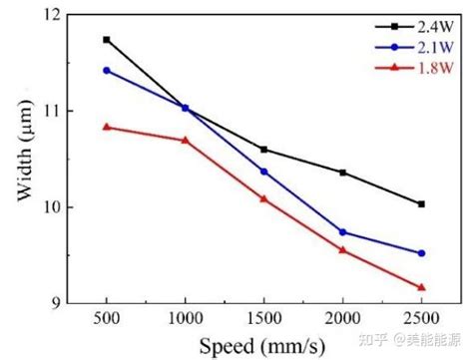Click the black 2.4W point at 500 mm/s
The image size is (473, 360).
pyautogui.click(x=107, y=40)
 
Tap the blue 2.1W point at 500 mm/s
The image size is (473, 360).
pyautogui.click(x=107, y=70)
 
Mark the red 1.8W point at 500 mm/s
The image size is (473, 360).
pyautogui.click(x=107, y=127)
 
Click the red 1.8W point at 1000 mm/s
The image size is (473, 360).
pyautogui.click(x=186, y=141)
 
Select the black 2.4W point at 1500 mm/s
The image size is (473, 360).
pyautogui.click(x=263, y=149)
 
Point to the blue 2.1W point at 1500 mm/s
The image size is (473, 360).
pyautogui.click(x=263, y=172)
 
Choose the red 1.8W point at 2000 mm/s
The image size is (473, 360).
pyautogui.click(x=342, y=250)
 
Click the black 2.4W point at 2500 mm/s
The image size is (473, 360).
pyautogui.click(x=421, y=203)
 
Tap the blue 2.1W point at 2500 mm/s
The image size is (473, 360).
pyautogui.click(x=421, y=253)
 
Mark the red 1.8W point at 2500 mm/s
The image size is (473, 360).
pyautogui.click(x=421, y=287)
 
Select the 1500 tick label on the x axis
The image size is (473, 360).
pyautogui.click(x=263, y=320)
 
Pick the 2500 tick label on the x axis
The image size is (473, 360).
pyautogui.click(x=421, y=320)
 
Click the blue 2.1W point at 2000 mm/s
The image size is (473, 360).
pyautogui.click(x=342, y=232)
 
